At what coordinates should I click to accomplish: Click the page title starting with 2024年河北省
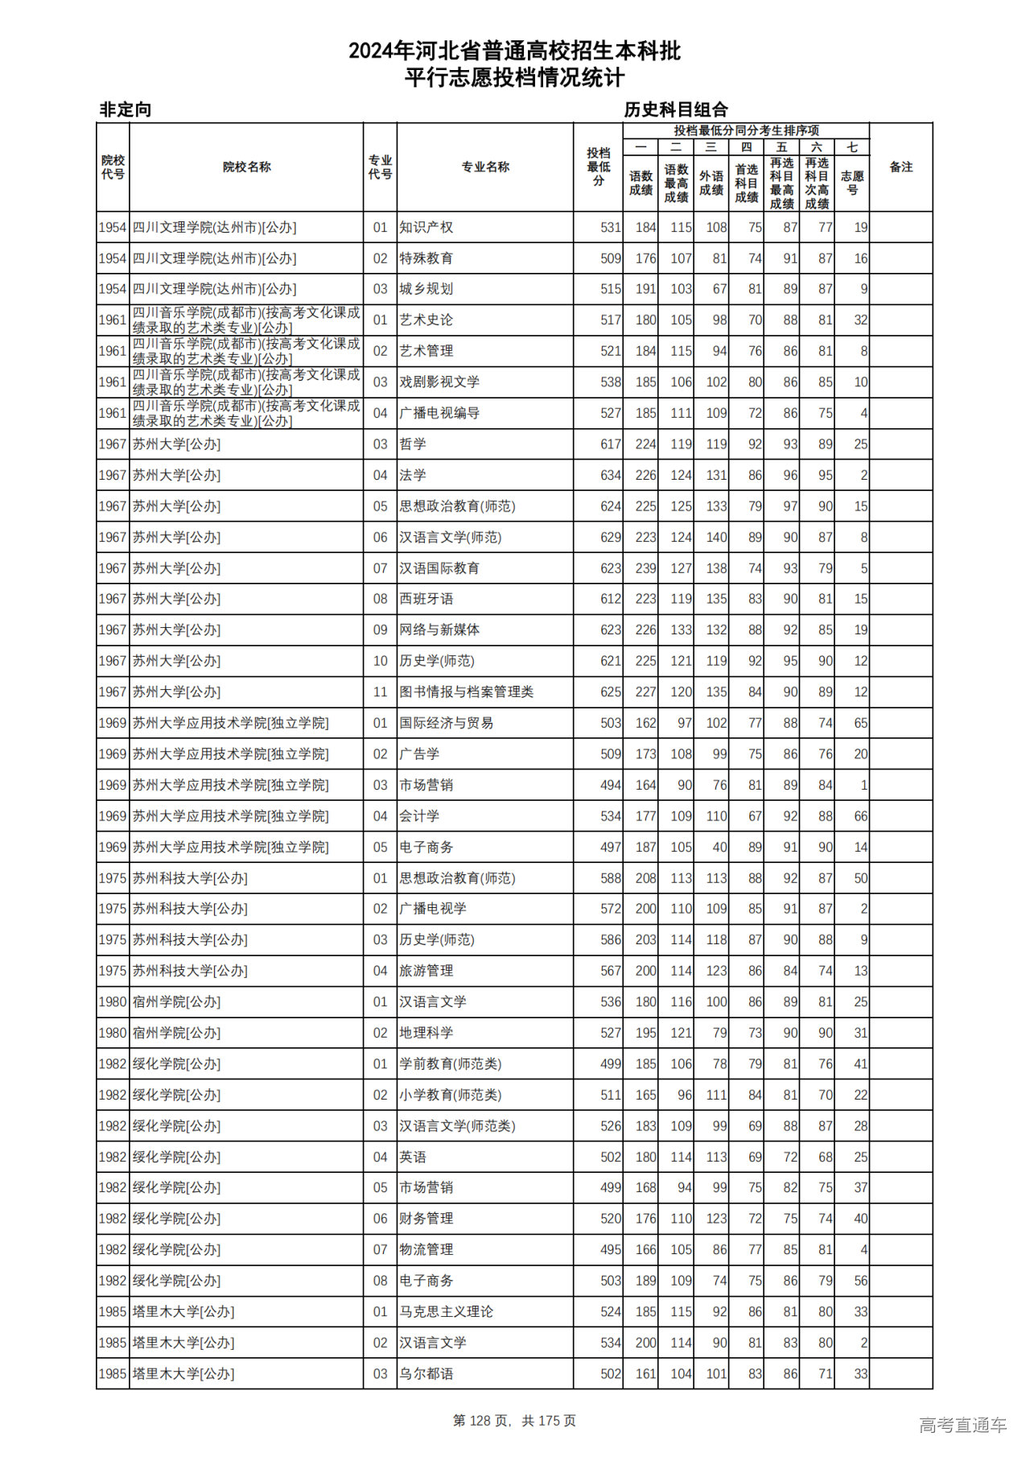tap(514, 52)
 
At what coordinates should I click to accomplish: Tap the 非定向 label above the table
tap(125, 109)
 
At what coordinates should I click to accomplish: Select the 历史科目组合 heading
tap(676, 109)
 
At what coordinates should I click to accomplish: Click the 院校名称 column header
tap(246, 167)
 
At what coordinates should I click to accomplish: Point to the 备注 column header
tap(900, 167)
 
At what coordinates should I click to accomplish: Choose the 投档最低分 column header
tap(598, 167)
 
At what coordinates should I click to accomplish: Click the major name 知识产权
tap(426, 228)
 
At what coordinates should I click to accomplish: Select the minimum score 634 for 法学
tap(610, 476)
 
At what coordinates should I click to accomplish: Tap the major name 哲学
tap(413, 444)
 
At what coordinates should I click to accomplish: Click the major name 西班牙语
tap(426, 599)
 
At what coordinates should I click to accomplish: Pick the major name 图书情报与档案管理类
tap(466, 692)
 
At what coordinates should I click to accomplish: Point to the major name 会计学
tap(419, 816)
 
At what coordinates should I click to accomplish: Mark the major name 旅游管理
tap(426, 971)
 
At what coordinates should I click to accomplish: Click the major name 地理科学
tap(426, 1033)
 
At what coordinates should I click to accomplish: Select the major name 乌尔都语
tap(426, 1374)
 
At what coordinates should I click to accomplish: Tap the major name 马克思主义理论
tap(447, 1312)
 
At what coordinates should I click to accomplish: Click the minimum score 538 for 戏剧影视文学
tap(610, 382)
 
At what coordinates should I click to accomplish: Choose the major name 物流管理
tap(426, 1250)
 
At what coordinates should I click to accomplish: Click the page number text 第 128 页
tap(482, 1421)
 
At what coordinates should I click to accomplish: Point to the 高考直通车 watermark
tap(962, 1425)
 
